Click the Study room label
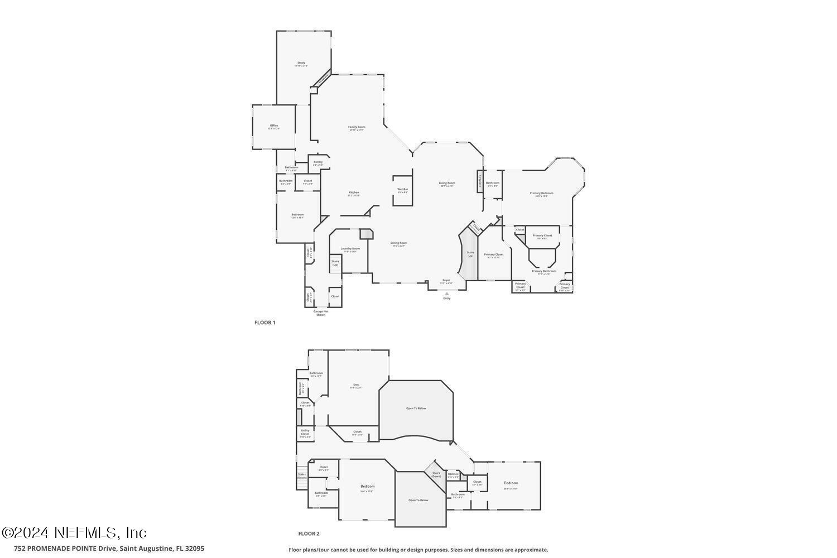(301, 64)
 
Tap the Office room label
(273, 126)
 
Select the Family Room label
(357, 128)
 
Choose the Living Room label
(447, 184)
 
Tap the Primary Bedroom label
(541, 194)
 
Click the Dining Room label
(399, 244)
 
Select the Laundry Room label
(350, 249)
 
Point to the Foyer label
(446, 281)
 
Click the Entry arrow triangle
(446, 294)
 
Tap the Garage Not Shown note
(321, 312)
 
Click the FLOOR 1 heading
(265, 323)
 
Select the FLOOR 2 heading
(309, 533)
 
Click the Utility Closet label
(305, 433)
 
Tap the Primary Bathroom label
(543, 272)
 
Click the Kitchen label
(354, 193)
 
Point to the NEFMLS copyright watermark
(74, 532)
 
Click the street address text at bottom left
(109, 549)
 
